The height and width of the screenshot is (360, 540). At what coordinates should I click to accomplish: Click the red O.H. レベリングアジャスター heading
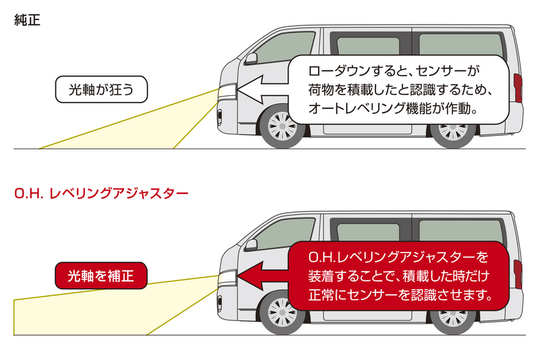101,192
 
